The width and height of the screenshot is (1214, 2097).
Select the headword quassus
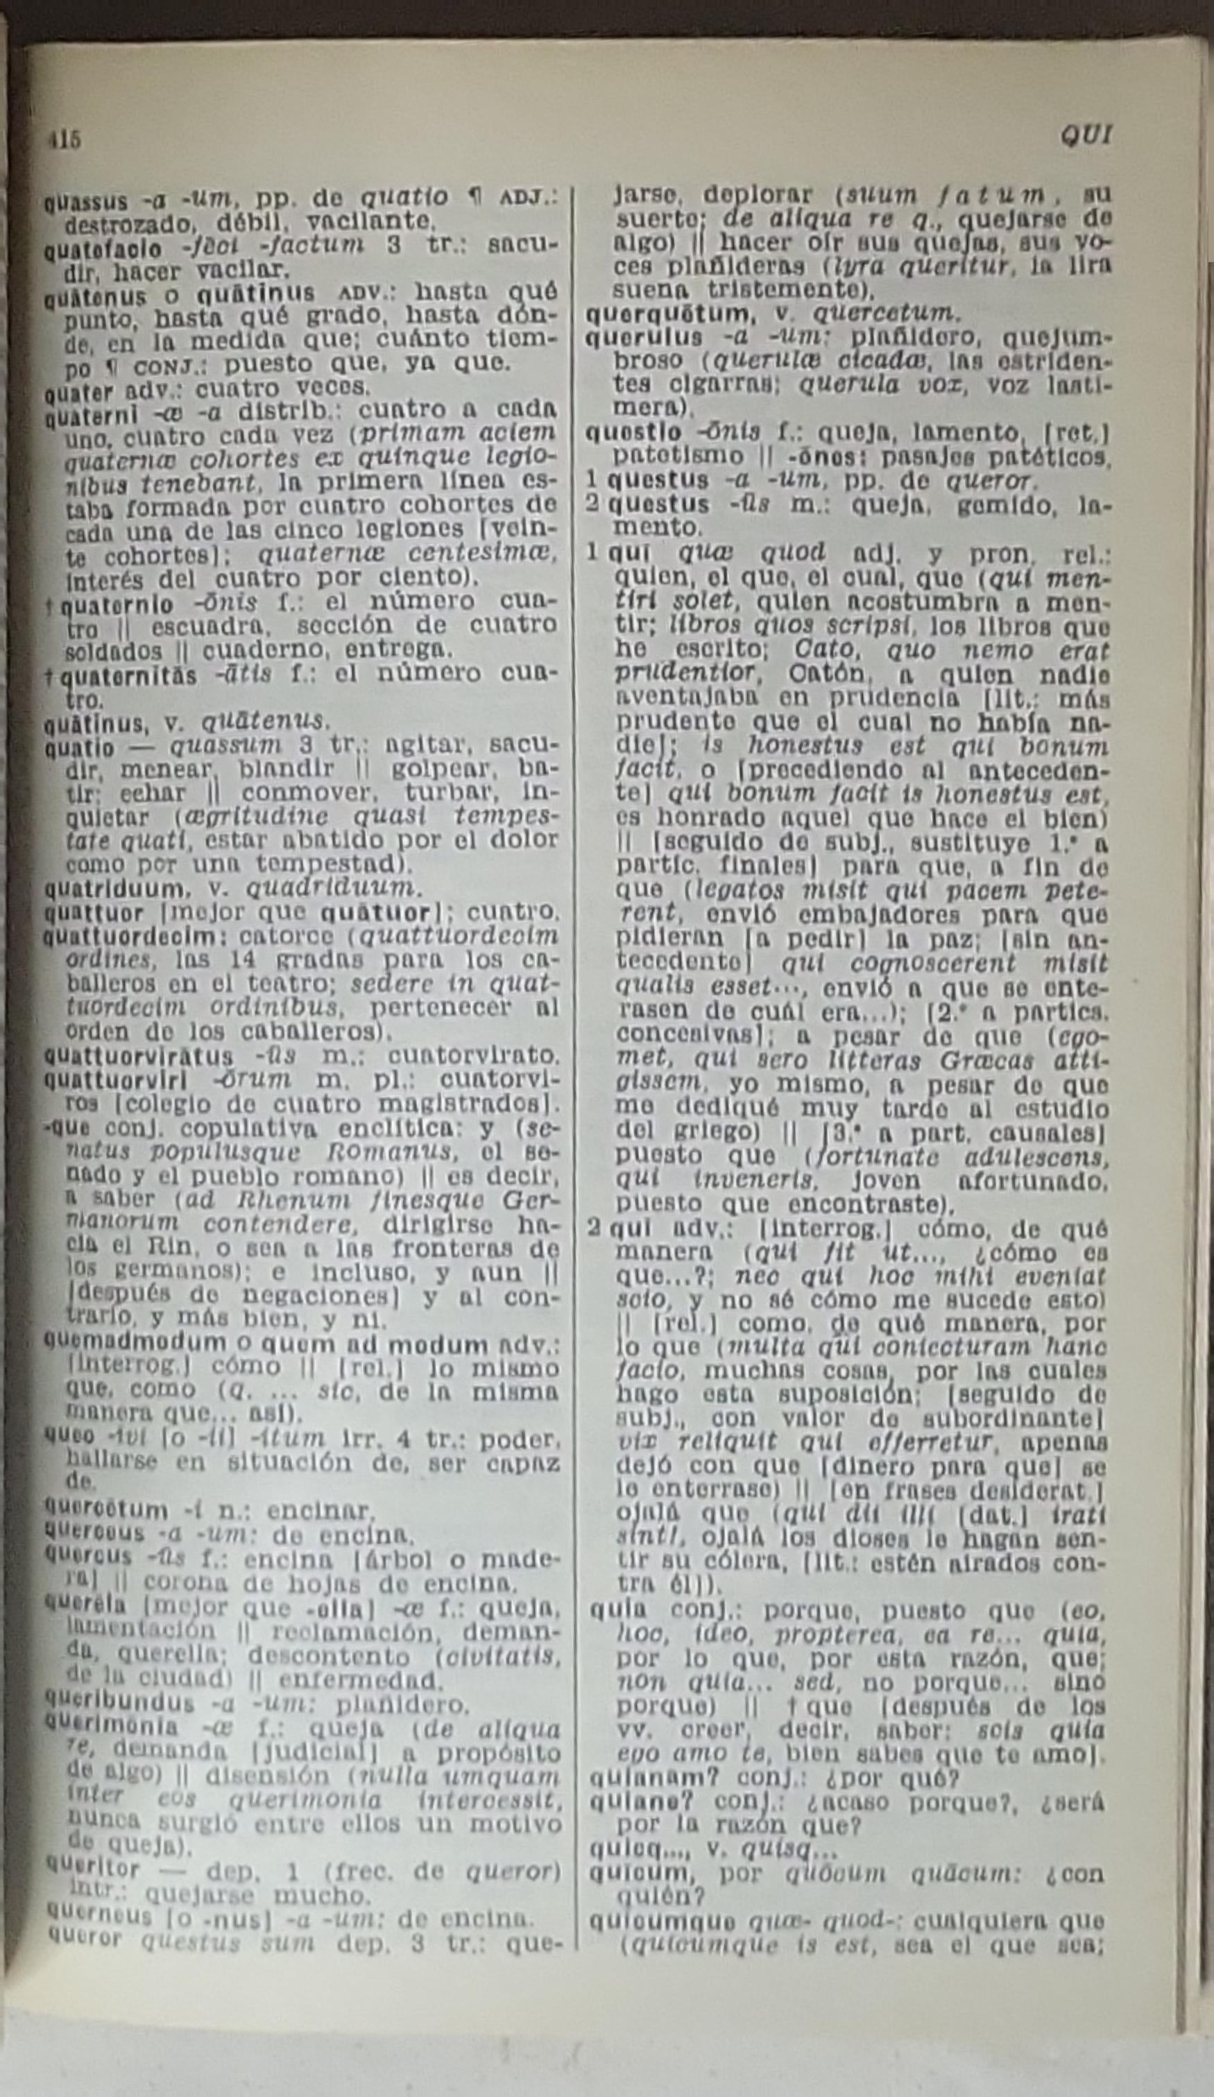(86, 201)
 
